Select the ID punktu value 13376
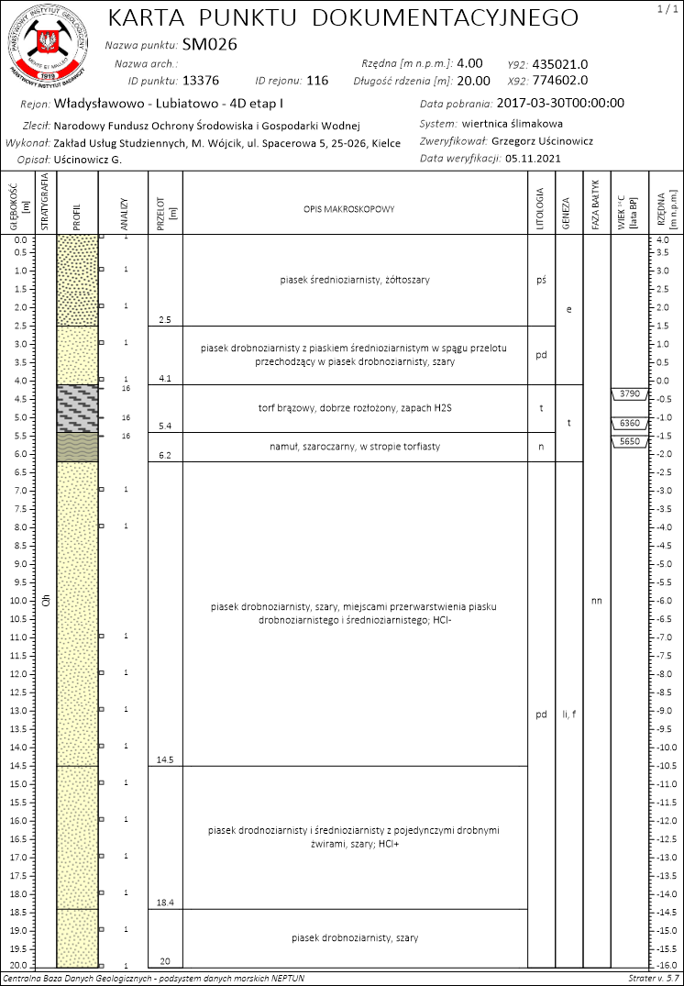click(x=201, y=81)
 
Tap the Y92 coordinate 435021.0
click(x=559, y=64)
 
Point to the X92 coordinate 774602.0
click(x=559, y=81)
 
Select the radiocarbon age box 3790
click(x=629, y=394)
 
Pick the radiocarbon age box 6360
click(x=629, y=424)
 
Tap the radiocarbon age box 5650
click(x=629, y=441)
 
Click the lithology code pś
click(x=541, y=281)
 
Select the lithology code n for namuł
click(x=541, y=447)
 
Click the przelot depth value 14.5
click(x=165, y=760)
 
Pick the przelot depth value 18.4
click(x=165, y=903)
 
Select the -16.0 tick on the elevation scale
click(x=665, y=967)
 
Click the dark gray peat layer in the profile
click(x=77, y=408)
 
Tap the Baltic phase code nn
click(x=597, y=602)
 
